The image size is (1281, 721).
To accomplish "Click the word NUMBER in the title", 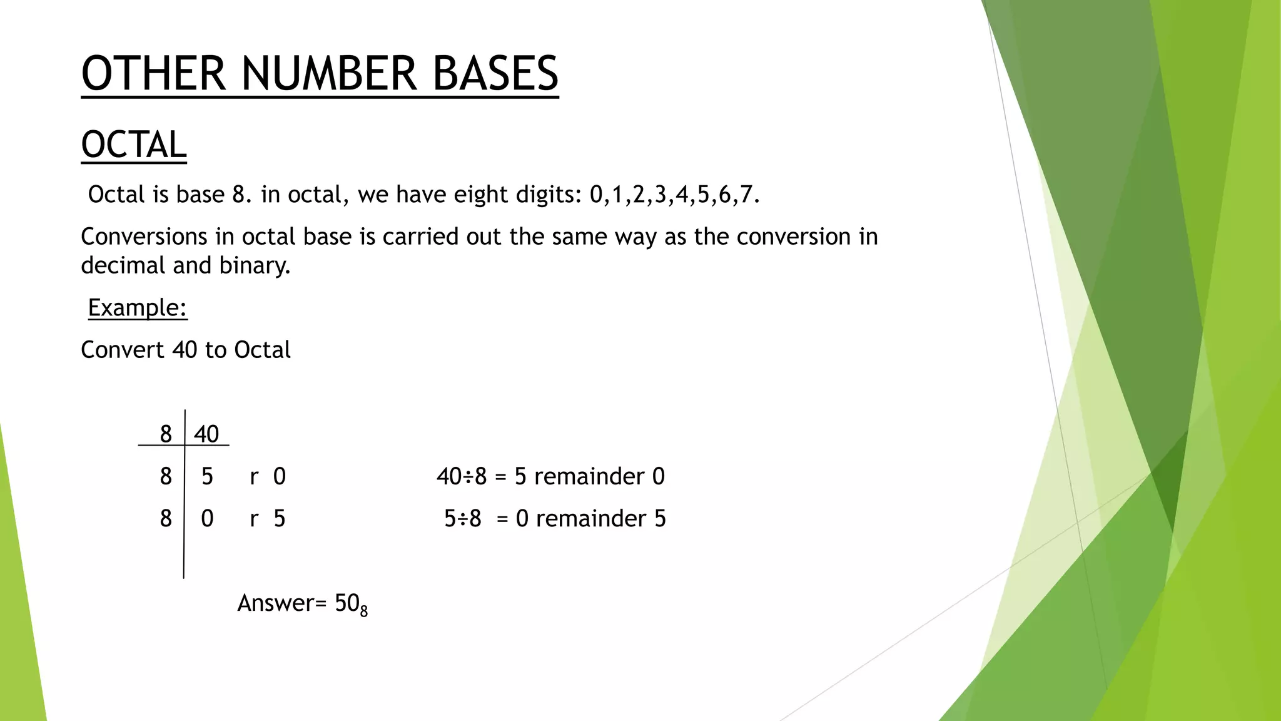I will pyautogui.click(x=328, y=74).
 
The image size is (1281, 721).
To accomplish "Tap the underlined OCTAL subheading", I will pyautogui.click(x=134, y=145).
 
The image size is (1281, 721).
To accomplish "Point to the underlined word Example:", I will pyautogui.click(x=138, y=307).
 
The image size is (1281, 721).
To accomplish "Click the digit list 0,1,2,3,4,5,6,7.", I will pyautogui.click(x=674, y=195).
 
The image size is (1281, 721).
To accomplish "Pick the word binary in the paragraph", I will pyautogui.click(x=255, y=265).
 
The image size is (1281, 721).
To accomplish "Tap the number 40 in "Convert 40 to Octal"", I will pyautogui.click(x=185, y=350).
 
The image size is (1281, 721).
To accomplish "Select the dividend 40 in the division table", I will pyautogui.click(x=206, y=434).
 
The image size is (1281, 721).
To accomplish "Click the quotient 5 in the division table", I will pyautogui.click(x=207, y=476).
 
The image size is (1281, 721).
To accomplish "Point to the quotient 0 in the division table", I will pyautogui.click(x=207, y=518).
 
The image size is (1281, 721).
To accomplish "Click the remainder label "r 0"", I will pyautogui.click(x=268, y=476).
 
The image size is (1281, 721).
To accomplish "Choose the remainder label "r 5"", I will pyautogui.click(x=268, y=518).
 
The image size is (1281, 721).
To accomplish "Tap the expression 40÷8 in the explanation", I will pyautogui.click(x=462, y=476).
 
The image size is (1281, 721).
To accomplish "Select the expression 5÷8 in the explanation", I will pyautogui.click(x=463, y=518).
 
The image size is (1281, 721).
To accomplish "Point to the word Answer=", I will pyautogui.click(x=282, y=603).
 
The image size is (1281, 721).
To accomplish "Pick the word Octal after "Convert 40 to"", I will pyautogui.click(x=262, y=350).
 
